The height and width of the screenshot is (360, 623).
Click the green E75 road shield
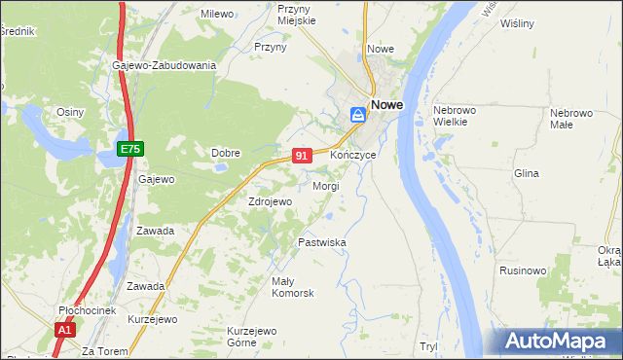tap(130, 149)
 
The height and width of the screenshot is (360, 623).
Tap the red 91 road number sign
tap(302, 156)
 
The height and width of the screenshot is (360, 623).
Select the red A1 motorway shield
tap(64, 331)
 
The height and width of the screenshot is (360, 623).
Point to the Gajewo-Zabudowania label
tap(164, 65)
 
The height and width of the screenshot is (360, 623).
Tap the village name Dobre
tap(226, 153)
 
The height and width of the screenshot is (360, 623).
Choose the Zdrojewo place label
tap(270, 201)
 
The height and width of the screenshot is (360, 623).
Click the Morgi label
tap(326, 186)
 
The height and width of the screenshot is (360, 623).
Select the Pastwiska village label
tap(322, 242)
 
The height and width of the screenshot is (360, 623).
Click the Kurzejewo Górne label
tap(253, 337)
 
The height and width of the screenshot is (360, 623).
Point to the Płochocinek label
tap(87, 310)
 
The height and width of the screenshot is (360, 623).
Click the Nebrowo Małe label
tap(571, 118)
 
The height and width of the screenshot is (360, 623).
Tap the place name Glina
tap(526, 173)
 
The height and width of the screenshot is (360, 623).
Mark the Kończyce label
tap(352, 156)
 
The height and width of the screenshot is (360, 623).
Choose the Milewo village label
tap(216, 14)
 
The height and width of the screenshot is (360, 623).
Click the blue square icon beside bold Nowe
tap(357, 114)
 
